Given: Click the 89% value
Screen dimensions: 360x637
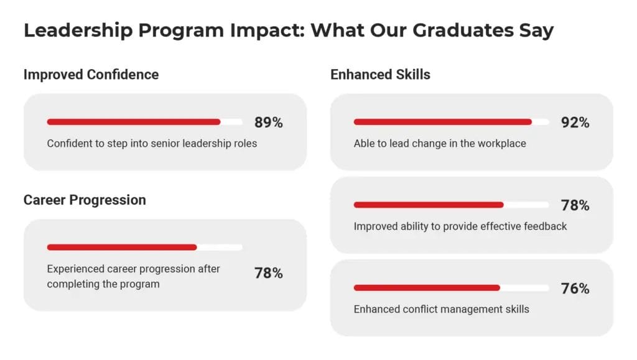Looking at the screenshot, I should pyautogui.click(x=268, y=122).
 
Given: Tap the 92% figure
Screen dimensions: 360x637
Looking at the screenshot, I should pyautogui.click(x=575, y=122).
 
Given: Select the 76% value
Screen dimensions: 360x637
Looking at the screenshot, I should pyautogui.click(x=575, y=288).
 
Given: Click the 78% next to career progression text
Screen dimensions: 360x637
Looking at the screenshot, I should pyautogui.click(x=268, y=273).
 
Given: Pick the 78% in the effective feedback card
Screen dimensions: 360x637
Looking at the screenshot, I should pyautogui.click(x=575, y=205).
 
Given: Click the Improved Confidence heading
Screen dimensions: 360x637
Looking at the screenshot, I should pyautogui.click(x=91, y=75).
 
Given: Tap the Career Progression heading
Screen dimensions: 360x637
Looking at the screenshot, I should pyautogui.click(x=85, y=200).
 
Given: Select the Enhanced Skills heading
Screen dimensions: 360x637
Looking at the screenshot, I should pyautogui.click(x=380, y=75).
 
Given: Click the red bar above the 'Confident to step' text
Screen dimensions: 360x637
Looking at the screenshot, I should pyautogui.click(x=134, y=122).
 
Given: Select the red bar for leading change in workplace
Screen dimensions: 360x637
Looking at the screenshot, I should pyautogui.click(x=442, y=122).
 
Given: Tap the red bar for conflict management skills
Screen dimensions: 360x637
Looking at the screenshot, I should pyautogui.click(x=427, y=288).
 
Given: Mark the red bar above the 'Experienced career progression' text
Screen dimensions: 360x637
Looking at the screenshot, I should pyautogui.click(x=122, y=247).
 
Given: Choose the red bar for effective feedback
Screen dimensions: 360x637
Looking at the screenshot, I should pyautogui.click(x=429, y=205).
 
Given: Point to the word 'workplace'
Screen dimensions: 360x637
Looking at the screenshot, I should pyautogui.click(x=502, y=144).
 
